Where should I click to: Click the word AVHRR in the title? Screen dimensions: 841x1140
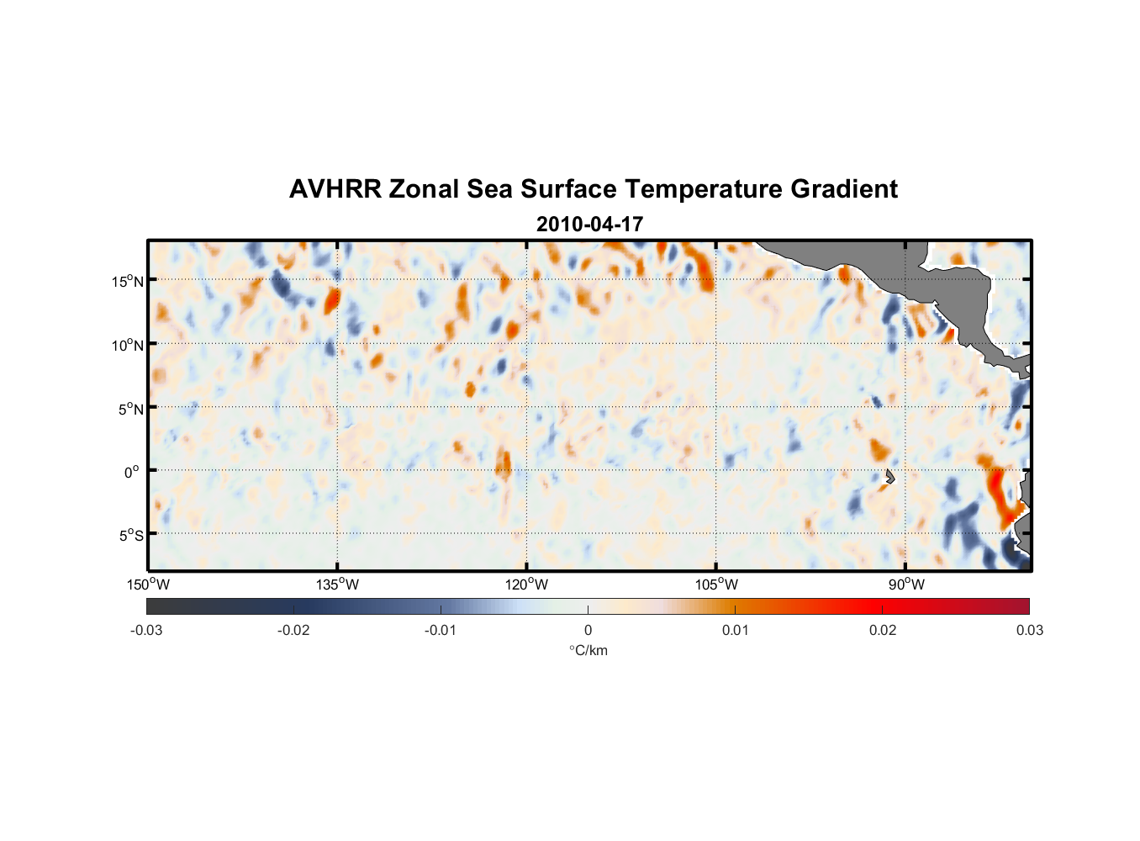[x=335, y=189]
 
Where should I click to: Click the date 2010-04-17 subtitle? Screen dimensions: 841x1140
[x=589, y=225]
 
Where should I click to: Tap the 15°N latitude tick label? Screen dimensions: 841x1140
[x=128, y=281]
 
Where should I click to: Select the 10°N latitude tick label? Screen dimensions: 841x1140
[x=128, y=345]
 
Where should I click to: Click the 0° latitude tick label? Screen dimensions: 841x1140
[x=133, y=472]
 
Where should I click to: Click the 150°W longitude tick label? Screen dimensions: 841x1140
[x=149, y=584]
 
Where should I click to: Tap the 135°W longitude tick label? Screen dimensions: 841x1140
[x=338, y=584]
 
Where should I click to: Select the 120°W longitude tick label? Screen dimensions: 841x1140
[x=527, y=584]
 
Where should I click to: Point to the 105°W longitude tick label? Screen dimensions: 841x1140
[x=716, y=584]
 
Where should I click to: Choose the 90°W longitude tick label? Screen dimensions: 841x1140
[x=906, y=584]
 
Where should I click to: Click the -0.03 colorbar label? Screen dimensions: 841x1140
[x=146, y=630]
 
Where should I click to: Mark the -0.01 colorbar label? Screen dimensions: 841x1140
[x=441, y=630]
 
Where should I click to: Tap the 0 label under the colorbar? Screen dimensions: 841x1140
[x=588, y=630]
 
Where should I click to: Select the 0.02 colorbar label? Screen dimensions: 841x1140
[x=883, y=630]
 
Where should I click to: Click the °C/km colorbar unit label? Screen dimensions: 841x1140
[x=588, y=650]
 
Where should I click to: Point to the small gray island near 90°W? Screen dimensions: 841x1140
[x=890, y=476]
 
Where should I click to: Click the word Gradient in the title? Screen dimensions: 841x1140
[x=844, y=189]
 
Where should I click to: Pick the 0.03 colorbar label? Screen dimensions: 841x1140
[x=1029, y=630]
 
